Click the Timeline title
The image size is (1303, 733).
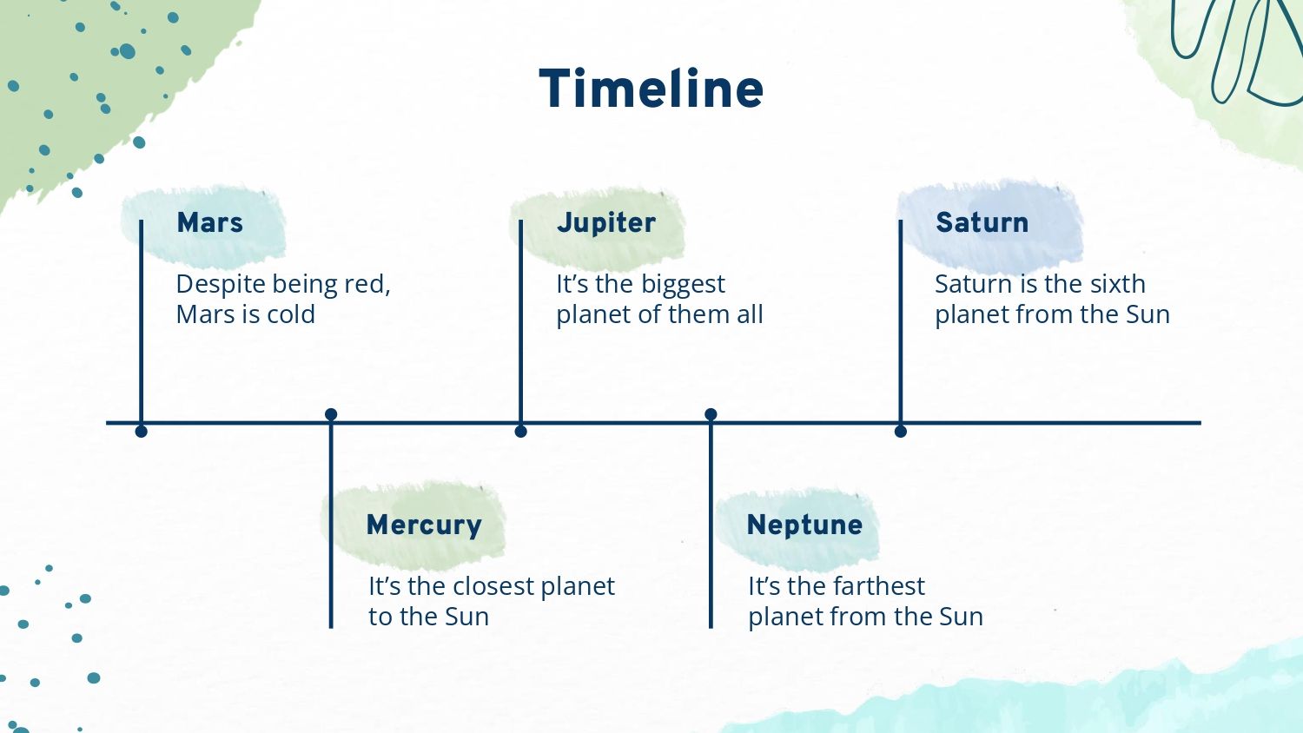[x=651, y=89]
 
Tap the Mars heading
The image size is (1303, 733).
[x=209, y=222]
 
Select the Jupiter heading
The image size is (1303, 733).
[x=606, y=223]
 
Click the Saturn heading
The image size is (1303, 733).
[x=982, y=222]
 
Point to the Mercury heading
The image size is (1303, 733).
[x=424, y=525]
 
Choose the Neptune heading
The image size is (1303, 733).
[x=804, y=525]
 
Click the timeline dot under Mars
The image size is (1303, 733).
[x=141, y=431]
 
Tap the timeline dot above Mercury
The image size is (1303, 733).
[x=331, y=414]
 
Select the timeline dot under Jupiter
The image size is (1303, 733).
[x=520, y=431]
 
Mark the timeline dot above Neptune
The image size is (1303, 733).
[x=711, y=414]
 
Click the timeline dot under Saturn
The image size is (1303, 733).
[x=901, y=431]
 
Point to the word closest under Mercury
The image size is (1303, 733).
[x=493, y=586]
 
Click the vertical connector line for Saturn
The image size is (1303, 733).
[x=901, y=325]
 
